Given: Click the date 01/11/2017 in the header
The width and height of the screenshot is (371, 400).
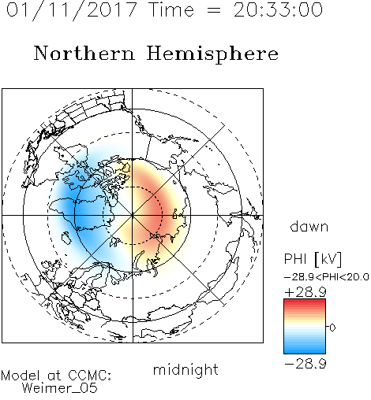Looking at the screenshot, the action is point(71,10).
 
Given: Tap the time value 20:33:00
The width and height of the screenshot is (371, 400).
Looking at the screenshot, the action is point(278,9).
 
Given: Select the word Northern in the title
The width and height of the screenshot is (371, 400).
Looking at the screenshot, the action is point(84,53).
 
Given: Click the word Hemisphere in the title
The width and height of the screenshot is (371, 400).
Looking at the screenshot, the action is point(212,54).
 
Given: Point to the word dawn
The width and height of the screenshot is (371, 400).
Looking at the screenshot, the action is point(309,226).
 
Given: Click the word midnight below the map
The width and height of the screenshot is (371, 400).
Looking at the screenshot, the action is point(185,370).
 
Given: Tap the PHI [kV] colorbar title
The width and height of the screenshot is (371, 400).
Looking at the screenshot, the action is point(313,259).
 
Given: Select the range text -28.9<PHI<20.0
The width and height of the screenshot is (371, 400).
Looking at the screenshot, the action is point(327,277).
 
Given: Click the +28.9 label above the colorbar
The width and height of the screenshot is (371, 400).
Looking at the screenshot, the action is point(305,292).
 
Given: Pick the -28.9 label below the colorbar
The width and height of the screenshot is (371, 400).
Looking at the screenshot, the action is point(305,364).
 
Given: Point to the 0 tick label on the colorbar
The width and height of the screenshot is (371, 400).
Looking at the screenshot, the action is point(332,328).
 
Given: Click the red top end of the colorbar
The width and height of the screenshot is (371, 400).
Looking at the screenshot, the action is point(305,301).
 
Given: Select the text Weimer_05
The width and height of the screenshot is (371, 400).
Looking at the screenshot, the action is point(60,388).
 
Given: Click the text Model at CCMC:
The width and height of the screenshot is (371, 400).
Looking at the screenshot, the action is point(56,376).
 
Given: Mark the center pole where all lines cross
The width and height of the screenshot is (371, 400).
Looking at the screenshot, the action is point(133,216).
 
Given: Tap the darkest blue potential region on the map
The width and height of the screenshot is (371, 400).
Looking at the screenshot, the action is point(73,210).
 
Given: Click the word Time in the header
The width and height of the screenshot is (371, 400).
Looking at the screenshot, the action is point(171,9).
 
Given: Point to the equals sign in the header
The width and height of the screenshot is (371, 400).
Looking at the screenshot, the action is point(214,10).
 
